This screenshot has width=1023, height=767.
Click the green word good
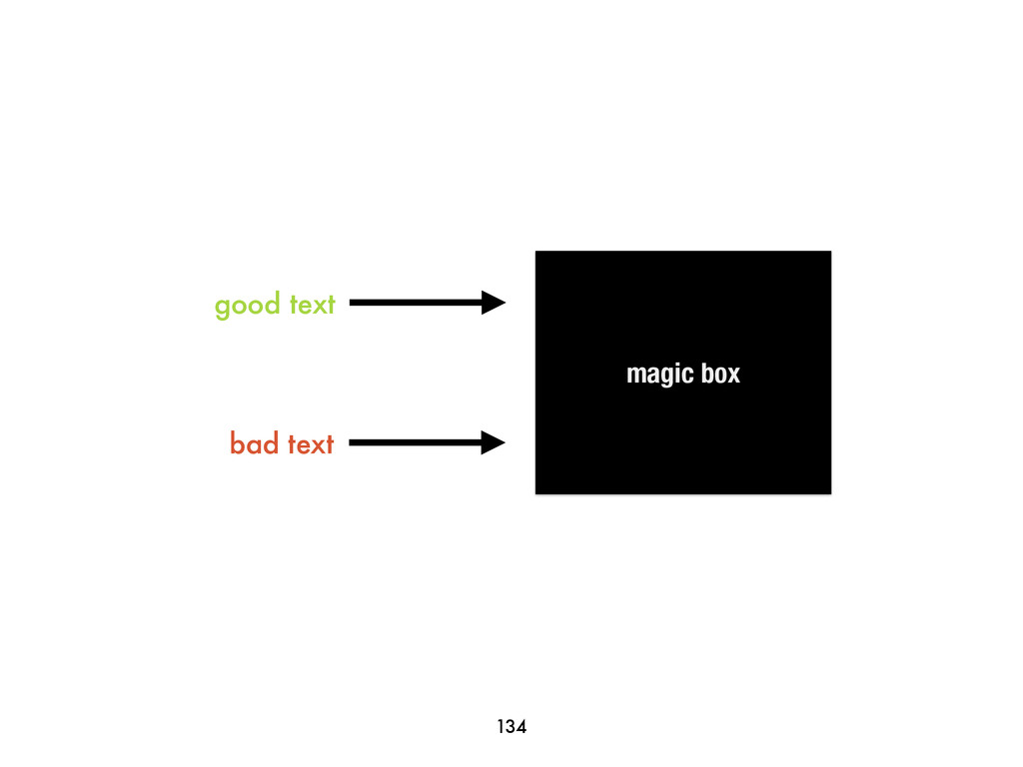pos(248,305)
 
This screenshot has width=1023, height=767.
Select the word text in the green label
pos(312,304)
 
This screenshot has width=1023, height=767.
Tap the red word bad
pos(255,442)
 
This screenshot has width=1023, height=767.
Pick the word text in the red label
pos(311,443)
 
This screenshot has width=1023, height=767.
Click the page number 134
pos(511,727)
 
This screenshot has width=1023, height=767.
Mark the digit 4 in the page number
pos(520,727)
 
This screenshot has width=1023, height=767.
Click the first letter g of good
pos(223,307)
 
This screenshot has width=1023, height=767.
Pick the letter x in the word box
pos(733,375)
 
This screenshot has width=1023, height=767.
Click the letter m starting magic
pos(634,375)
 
